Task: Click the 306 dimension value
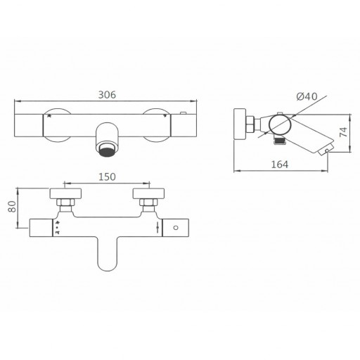point(107,95)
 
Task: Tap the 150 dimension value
point(107,177)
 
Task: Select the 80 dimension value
point(12,207)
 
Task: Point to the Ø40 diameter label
point(307,96)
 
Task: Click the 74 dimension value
point(344,132)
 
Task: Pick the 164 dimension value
point(280,165)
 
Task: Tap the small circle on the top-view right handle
point(176,228)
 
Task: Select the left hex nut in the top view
point(65,202)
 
